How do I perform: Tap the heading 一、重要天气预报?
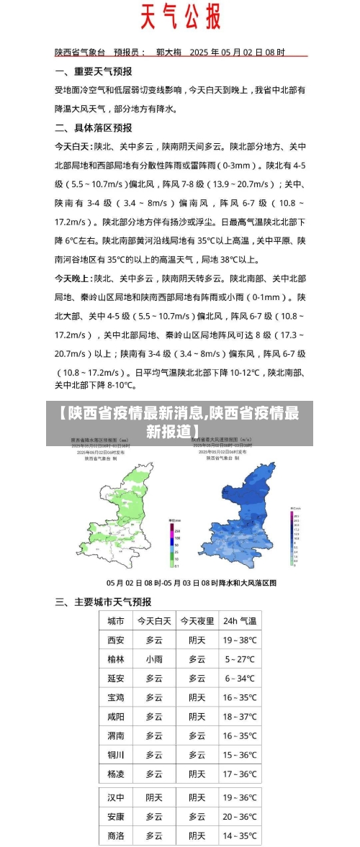tap(94, 71)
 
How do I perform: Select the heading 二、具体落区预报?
tap(94, 127)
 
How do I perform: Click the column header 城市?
tap(115, 621)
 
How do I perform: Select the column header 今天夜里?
tap(197, 621)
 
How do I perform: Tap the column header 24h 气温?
tap(240, 621)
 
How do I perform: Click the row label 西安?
tap(115, 640)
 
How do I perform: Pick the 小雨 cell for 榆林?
tap(154, 659)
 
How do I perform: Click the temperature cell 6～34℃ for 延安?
tap(240, 678)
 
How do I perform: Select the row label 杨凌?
tap(115, 774)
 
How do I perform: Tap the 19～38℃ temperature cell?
tap(240, 640)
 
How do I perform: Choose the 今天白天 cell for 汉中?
tap(154, 798)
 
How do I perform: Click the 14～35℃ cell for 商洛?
tap(240, 836)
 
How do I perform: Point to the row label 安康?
tap(115, 817)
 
